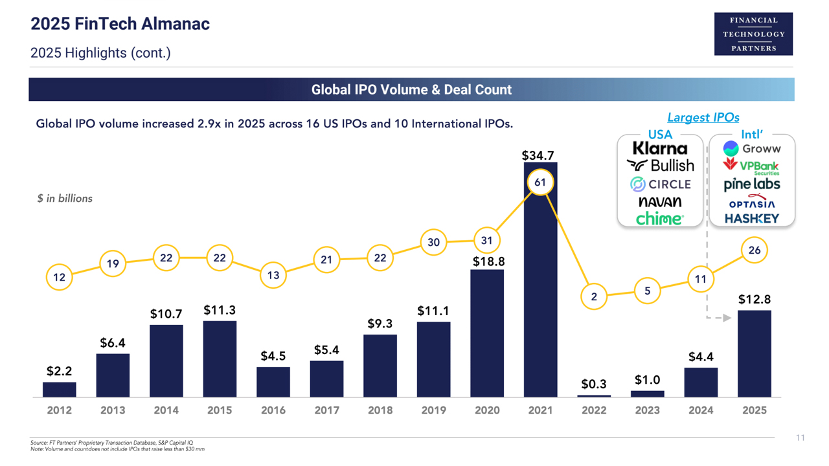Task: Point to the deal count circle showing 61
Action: pyautogui.click(x=540, y=183)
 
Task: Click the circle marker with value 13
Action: pyautogui.click(x=273, y=275)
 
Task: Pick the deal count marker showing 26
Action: pyautogui.click(x=755, y=250)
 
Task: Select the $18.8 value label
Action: pyautogui.click(x=487, y=261)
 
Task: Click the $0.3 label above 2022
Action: pyautogui.click(x=594, y=384)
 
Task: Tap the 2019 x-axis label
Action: pyautogui.click(x=433, y=410)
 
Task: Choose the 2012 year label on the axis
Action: pyautogui.click(x=60, y=410)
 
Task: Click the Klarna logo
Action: pyautogui.click(x=660, y=149)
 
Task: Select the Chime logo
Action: pyautogui.click(x=659, y=219)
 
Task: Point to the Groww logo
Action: pyautogui.click(x=752, y=149)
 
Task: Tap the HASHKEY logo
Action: pyautogui.click(x=752, y=219)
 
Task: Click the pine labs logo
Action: pyautogui.click(x=752, y=184)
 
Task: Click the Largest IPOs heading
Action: pyautogui.click(x=703, y=117)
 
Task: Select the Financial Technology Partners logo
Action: pyautogui.click(x=754, y=34)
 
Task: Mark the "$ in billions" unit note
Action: pyautogui.click(x=65, y=199)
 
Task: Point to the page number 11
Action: pyautogui.click(x=801, y=438)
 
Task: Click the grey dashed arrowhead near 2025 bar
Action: pyautogui.click(x=727, y=318)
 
